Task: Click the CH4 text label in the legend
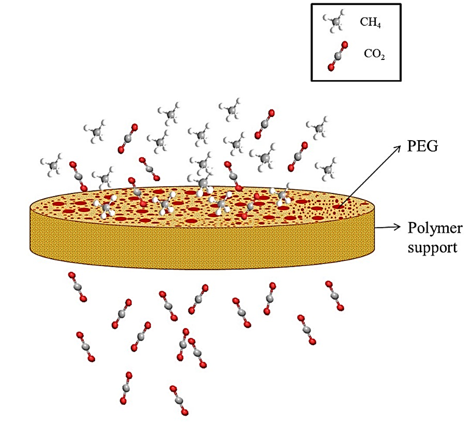(x=370, y=22)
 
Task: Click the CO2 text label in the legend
(x=374, y=54)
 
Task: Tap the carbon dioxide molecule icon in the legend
(x=337, y=56)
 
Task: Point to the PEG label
(x=422, y=146)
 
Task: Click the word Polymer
(x=435, y=228)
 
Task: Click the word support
(x=432, y=248)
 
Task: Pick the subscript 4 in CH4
(x=379, y=26)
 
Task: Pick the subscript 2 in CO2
(x=382, y=57)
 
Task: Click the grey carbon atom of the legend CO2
(x=337, y=56)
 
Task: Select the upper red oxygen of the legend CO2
(x=345, y=45)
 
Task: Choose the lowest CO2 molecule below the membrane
(x=179, y=401)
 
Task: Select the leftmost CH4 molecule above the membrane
(x=52, y=164)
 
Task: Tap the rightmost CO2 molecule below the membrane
(x=334, y=296)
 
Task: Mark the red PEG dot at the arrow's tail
(x=338, y=207)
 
